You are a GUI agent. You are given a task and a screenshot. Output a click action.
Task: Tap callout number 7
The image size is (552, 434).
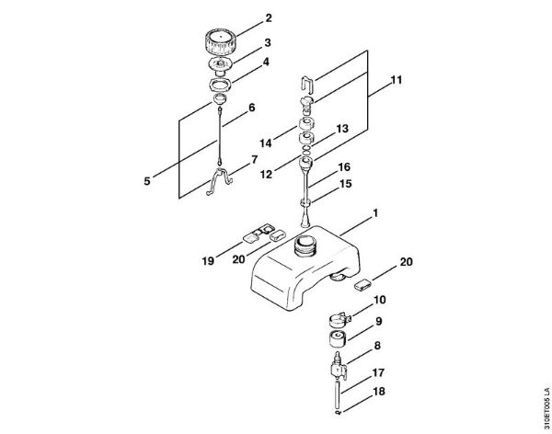point(253,159)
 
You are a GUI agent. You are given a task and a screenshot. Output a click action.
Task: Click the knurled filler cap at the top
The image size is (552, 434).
point(220,42)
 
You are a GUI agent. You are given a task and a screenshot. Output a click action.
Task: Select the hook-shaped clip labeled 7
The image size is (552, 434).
point(214,178)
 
